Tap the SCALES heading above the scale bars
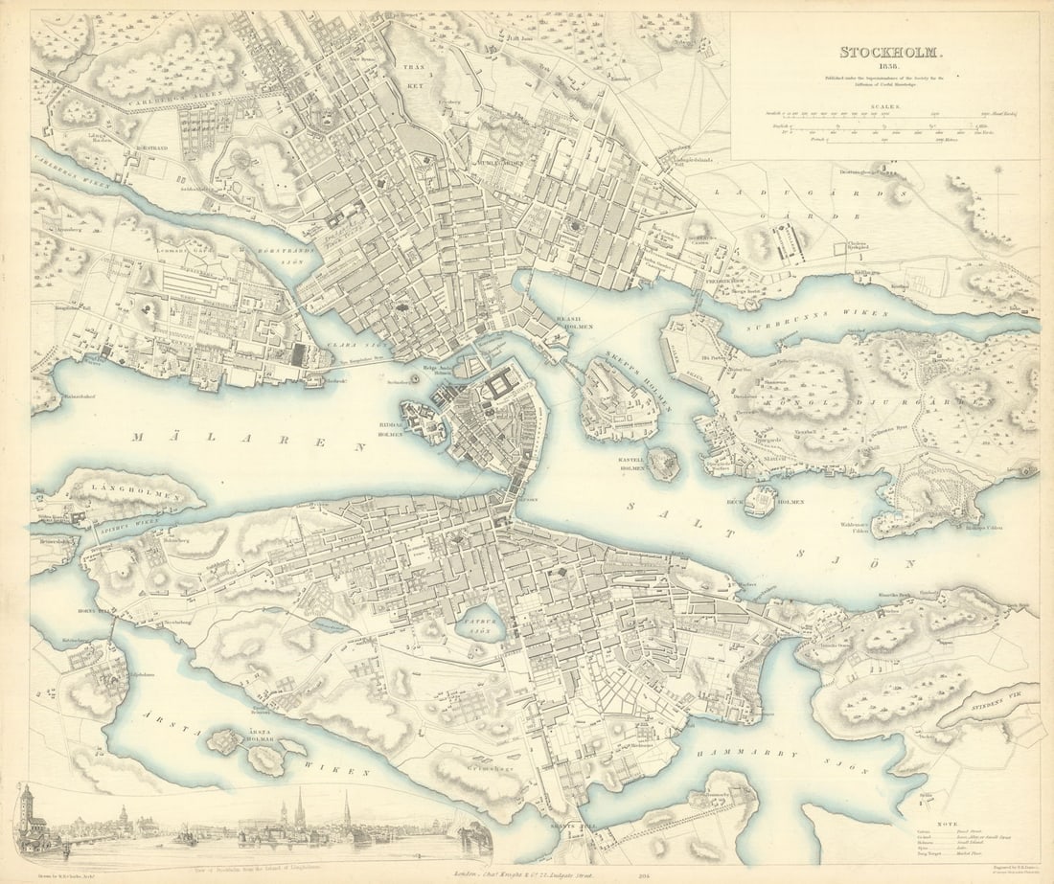[x=884, y=108]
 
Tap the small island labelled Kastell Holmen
[x=662, y=463]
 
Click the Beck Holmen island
[x=761, y=500]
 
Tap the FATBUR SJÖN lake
[x=482, y=623]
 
